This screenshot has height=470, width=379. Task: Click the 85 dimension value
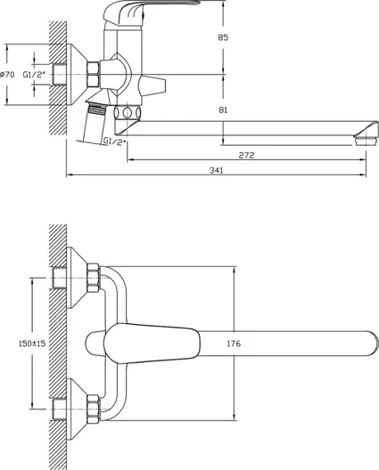point(223,37)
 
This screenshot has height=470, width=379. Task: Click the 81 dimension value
point(223,110)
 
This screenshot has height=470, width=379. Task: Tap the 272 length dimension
point(246,155)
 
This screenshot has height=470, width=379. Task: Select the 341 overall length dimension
point(216,170)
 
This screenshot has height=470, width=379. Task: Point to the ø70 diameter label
point(7,75)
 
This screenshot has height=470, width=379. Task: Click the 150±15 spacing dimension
point(32,344)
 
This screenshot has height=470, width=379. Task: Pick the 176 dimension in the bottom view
point(234,344)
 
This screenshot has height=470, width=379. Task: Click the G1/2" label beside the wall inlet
point(34,75)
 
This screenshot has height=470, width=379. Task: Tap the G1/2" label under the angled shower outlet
point(114,142)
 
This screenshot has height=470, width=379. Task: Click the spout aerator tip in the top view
point(365,141)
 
